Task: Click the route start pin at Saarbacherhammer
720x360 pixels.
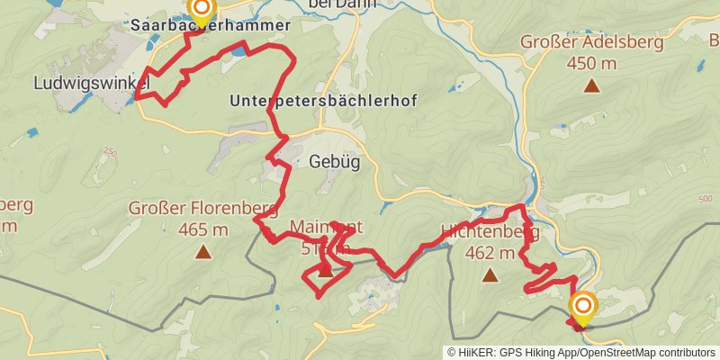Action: [x=202, y=11]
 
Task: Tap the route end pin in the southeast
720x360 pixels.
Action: [x=582, y=308]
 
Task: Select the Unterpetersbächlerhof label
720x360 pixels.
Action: [x=323, y=100]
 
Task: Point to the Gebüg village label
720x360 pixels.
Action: [x=328, y=163]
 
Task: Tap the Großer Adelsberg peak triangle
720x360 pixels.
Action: [x=591, y=85]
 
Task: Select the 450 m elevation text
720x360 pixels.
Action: [x=591, y=63]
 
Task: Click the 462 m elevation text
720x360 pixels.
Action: [x=490, y=253]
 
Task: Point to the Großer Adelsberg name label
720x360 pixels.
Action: [x=592, y=41]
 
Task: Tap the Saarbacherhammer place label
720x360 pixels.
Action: [x=210, y=26]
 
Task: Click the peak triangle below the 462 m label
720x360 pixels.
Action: [x=490, y=275]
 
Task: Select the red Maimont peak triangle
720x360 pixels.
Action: [x=324, y=266]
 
